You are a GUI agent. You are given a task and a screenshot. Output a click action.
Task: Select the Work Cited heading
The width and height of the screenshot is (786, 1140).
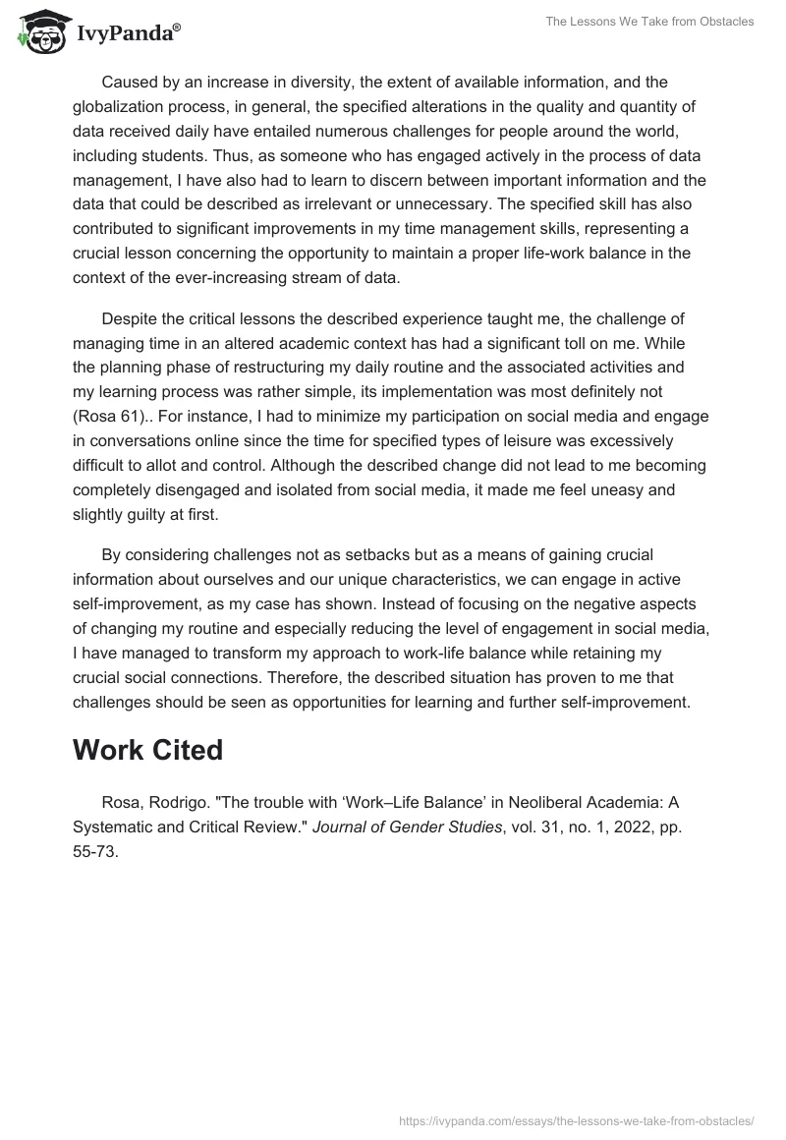pyautogui.click(x=147, y=750)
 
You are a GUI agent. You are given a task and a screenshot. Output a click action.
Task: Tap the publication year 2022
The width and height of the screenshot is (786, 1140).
pyautogui.click(x=624, y=826)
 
